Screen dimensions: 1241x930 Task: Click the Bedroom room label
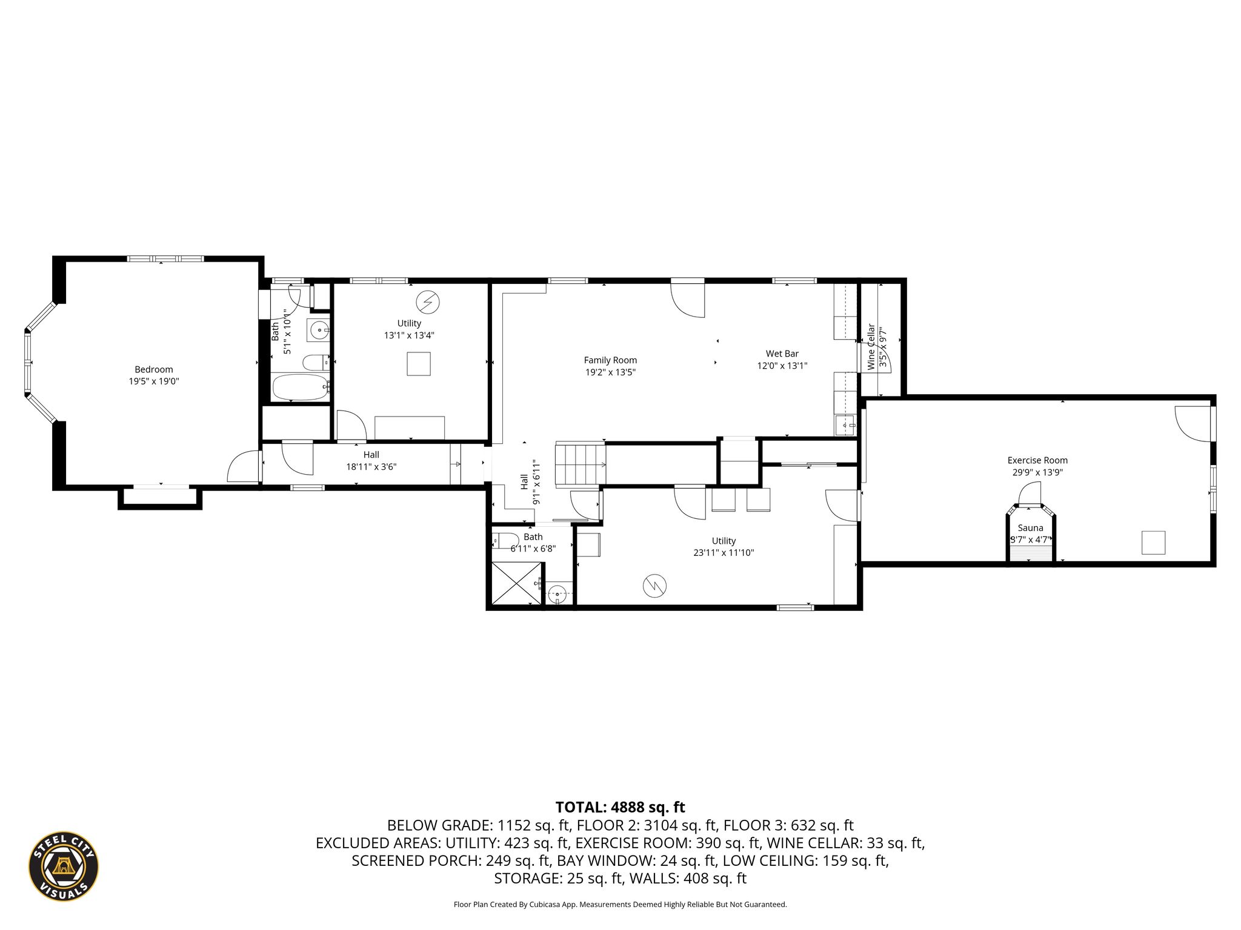pos(154,369)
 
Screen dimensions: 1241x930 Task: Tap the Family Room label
pos(610,360)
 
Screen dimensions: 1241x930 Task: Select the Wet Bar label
pos(782,354)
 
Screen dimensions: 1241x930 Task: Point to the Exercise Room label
pos(1037,460)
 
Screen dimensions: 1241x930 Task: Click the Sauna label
pos(1030,528)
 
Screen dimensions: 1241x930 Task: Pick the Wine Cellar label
pos(871,347)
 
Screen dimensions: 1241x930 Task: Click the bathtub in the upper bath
pos(300,387)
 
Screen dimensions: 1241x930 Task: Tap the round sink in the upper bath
pos(318,331)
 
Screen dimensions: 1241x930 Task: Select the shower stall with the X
pos(516,583)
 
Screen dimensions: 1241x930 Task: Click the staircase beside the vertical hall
pos(581,464)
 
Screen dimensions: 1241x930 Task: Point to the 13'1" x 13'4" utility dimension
pos(409,335)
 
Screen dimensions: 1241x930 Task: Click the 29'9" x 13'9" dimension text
pos(1037,473)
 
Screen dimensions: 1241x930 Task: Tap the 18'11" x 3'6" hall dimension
pos(371,467)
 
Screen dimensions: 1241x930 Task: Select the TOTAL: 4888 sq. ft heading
pos(620,807)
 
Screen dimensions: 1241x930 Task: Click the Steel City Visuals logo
pos(64,866)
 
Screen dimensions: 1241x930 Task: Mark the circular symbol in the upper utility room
pos(428,302)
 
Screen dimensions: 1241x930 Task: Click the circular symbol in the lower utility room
pos(654,585)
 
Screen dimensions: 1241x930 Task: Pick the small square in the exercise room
pos(1154,542)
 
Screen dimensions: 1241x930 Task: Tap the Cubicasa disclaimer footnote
pos(620,905)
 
